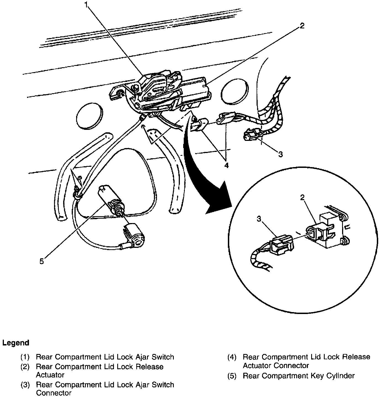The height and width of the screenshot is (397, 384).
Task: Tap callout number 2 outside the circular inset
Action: click(x=302, y=26)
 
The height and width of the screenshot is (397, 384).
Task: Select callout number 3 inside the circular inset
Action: click(x=259, y=219)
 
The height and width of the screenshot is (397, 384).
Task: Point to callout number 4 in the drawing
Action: click(x=226, y=165)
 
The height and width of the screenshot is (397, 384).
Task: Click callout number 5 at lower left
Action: click(x=42, y=261)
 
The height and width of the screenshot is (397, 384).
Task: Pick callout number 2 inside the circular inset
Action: click(x=303, y=197)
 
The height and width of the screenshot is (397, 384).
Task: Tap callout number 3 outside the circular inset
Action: click(x=280, y=154)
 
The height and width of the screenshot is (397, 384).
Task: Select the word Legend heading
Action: click(x=16, y=343)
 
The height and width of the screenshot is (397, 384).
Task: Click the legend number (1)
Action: click(x=25, y=357)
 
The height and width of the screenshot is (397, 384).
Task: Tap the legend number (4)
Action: click(x=232, y=357)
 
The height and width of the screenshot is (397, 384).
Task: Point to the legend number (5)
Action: click(x=232, y=375)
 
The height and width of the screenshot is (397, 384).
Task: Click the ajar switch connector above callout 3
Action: click(x=252, y=135)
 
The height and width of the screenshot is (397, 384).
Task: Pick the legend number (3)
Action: click(x=25, y=385)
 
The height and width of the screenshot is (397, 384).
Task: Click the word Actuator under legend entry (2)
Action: click(x=50, y=375)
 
